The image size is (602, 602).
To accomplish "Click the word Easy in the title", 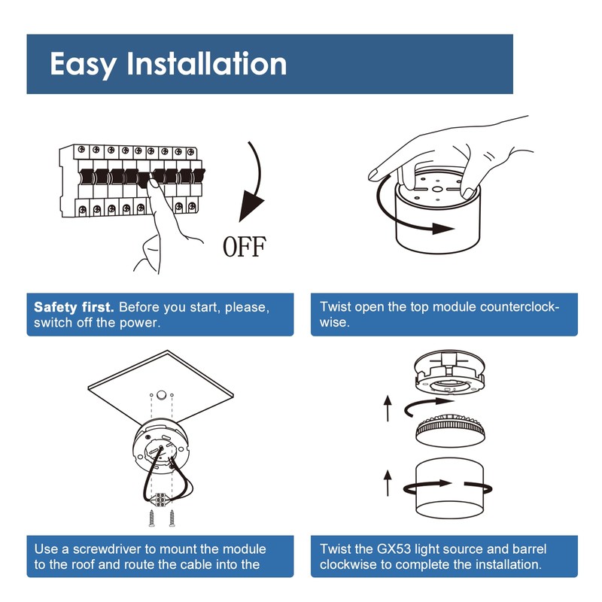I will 83,64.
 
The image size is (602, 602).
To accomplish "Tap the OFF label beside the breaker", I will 245,246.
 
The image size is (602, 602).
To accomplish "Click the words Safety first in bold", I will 74,308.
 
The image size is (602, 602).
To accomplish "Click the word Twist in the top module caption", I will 336,308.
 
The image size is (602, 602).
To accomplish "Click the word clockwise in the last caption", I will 348,564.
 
